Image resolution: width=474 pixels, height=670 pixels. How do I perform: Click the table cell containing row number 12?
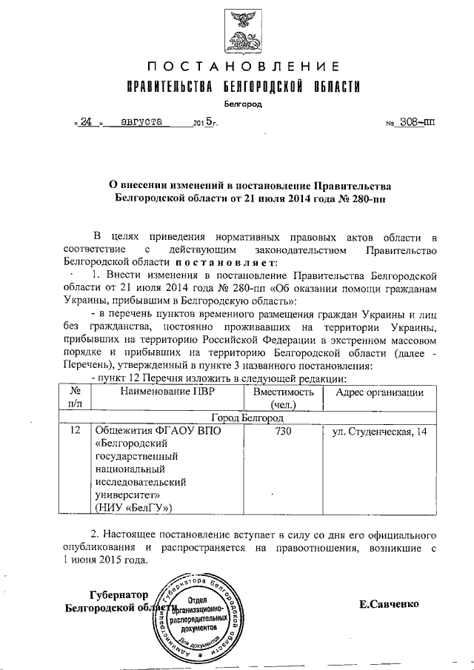74,431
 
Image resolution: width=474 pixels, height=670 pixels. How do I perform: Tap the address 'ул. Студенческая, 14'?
378,431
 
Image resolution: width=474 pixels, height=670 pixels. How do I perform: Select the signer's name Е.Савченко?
389,604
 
